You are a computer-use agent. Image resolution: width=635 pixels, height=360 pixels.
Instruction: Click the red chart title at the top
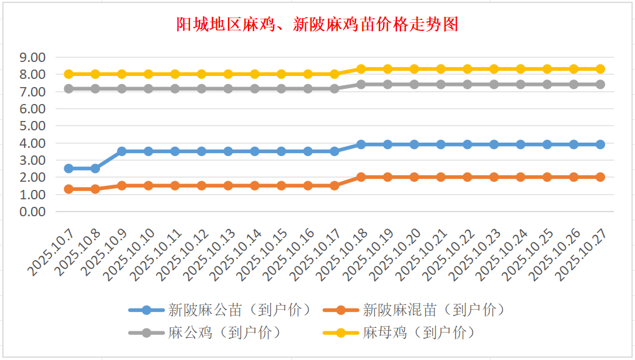click(x=317, y=25)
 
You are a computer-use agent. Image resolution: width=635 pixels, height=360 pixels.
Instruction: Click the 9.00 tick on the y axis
click(x=32, y=57)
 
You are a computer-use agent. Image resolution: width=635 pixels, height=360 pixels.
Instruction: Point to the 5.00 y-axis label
click(x=32, y=126)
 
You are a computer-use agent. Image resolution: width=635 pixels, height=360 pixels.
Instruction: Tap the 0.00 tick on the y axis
click(x=32, y=212)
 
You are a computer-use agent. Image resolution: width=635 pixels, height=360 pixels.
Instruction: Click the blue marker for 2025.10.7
click(x=68, y=168)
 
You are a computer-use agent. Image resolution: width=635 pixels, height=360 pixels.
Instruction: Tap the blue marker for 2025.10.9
click(x=122, y=151)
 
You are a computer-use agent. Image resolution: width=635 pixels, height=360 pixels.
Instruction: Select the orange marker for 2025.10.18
click(x=361, y=177)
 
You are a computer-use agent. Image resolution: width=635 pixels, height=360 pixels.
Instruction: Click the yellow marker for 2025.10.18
click(x=361, y=69)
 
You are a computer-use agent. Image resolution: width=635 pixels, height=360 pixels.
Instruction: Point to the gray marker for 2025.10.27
click(x=600, y=84)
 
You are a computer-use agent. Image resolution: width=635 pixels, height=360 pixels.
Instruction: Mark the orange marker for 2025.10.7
click(x=68, y=189)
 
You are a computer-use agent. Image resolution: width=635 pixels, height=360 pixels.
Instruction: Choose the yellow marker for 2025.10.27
click(x=600, y=69)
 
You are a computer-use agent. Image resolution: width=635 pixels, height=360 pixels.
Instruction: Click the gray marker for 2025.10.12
click(x=201, y=89)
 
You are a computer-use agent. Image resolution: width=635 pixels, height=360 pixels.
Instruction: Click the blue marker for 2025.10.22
click(x=467, y=144)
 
